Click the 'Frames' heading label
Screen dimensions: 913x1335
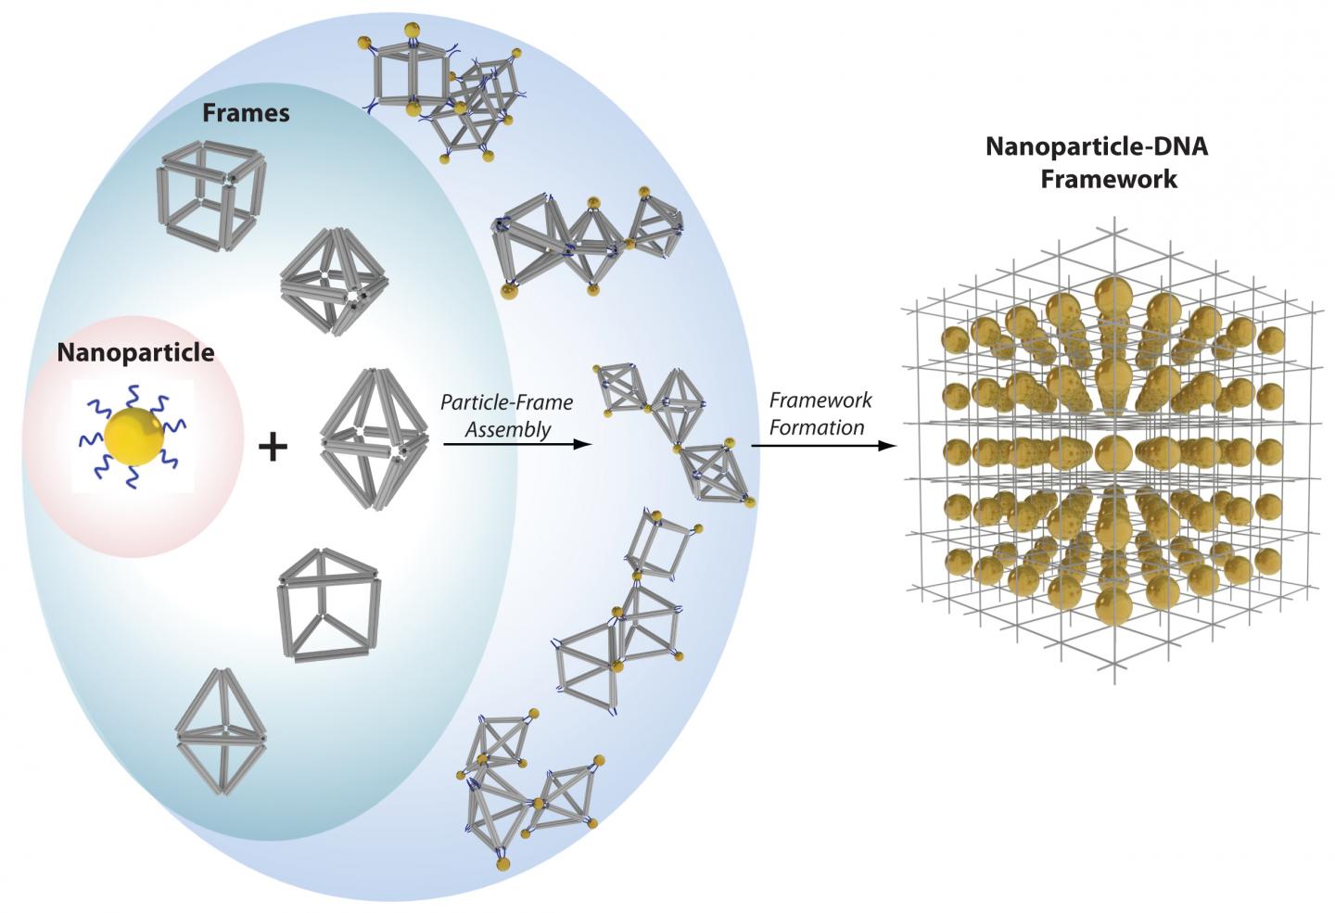pyautogui.click(x=246, y=113)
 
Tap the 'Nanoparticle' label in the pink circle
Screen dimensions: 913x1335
pyautogui.click(x=135, y=352)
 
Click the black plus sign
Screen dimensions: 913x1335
pyautogui.click(x=273, y=449)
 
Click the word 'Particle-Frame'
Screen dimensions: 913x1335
pyautogui.click(x=506, y=403)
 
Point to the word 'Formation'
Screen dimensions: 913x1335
pyautogui.click(x=817, y=426)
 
